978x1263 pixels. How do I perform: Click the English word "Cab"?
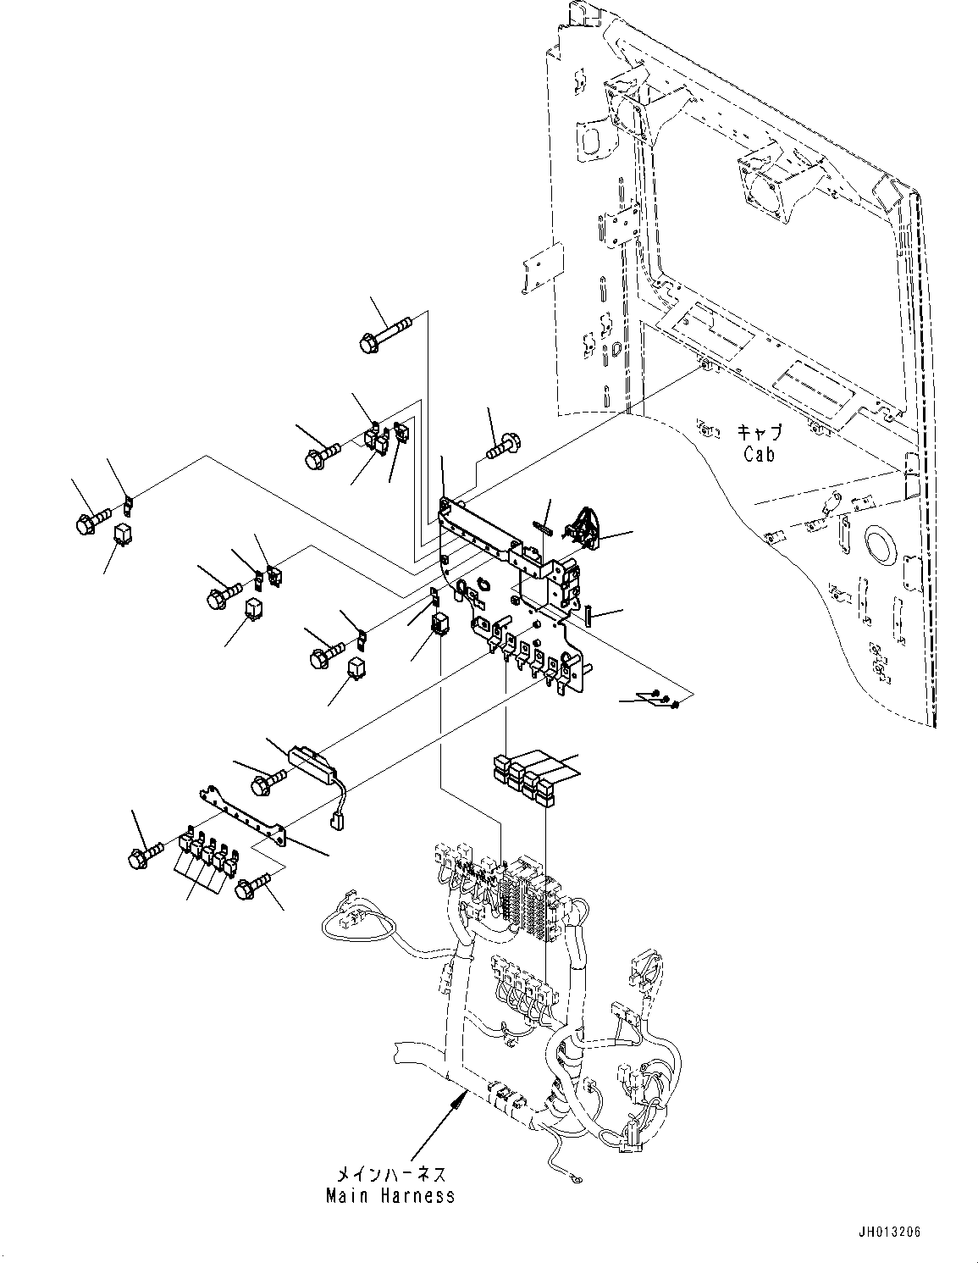point(759,453)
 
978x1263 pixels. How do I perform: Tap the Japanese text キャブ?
point(759,433)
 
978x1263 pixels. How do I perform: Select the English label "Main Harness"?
point(390,1196)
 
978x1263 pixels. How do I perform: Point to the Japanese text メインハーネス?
point(390,1175)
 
